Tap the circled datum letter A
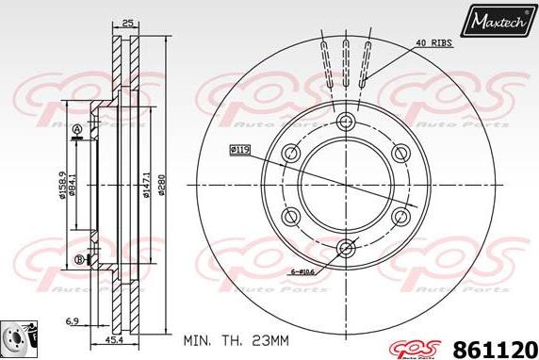(x=76, y=129)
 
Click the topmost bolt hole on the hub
(x=345, y=120)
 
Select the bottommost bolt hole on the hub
(x=345, y=248)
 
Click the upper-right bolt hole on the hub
(x=400, y=152)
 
